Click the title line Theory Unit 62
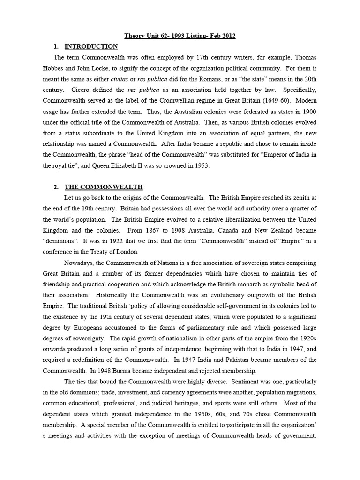point(180,36)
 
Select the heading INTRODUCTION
point(91,46)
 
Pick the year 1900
point(307,112)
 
